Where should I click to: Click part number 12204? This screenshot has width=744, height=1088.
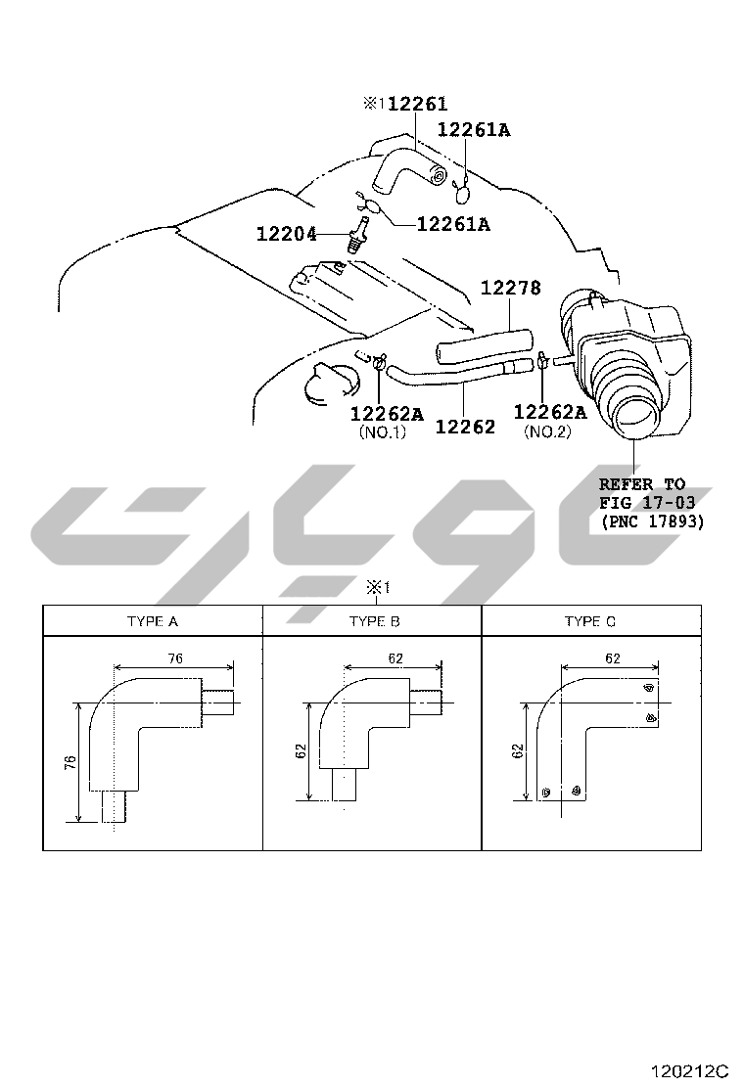click(287, 234)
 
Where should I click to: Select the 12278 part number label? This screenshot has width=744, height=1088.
click(511, 287)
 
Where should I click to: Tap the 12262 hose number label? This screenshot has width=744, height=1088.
click(465, 426)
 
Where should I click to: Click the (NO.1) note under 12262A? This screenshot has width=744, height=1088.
click(383, 431)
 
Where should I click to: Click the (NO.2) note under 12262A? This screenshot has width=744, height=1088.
click(547, 431)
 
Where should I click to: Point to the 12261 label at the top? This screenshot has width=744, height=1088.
click(417, 104)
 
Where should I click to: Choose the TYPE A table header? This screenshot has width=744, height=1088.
click(153, 621)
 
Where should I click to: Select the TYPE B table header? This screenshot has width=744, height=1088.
click(375, 621)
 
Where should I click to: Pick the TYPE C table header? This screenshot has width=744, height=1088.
click(590, 621)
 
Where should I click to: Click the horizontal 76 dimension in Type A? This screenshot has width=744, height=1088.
click(175, 657)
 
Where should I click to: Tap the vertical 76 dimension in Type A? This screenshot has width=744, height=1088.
click(70, 762)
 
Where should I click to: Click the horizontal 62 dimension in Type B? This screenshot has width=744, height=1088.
click(395, 657)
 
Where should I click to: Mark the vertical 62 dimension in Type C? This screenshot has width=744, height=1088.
click(518, 750)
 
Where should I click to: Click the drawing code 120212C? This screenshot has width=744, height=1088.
click(689, 1070)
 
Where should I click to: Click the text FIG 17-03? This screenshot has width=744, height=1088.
click(647, 502)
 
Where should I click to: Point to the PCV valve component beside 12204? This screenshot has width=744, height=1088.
click(356, 235)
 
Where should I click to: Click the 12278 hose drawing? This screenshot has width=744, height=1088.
click(484, 344)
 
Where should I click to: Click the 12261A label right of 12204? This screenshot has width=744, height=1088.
click(453, 224)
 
